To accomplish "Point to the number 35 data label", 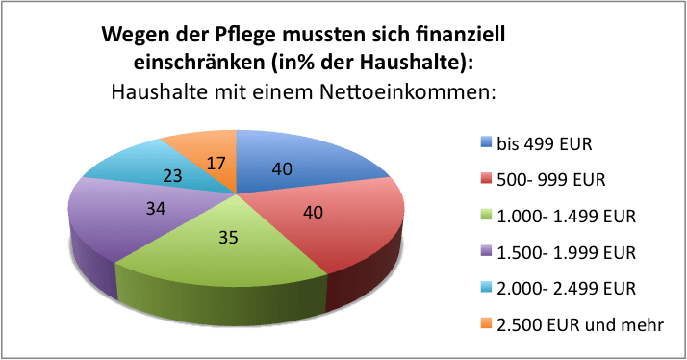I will (x=228, y=237).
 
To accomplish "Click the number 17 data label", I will (x=216, y=164).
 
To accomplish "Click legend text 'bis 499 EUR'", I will (x=544, y=144).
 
